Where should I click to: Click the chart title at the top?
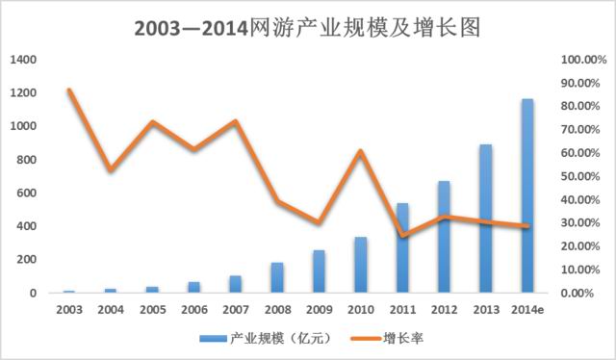(x=308, y=26)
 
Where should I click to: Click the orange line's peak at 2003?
(x=69, y=90)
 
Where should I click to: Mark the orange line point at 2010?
(x=360, y=151)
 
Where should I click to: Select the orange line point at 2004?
(x=112, y=170)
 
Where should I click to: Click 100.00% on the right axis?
(x=583, y=60)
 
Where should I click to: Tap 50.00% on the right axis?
(x=583, y=176)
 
